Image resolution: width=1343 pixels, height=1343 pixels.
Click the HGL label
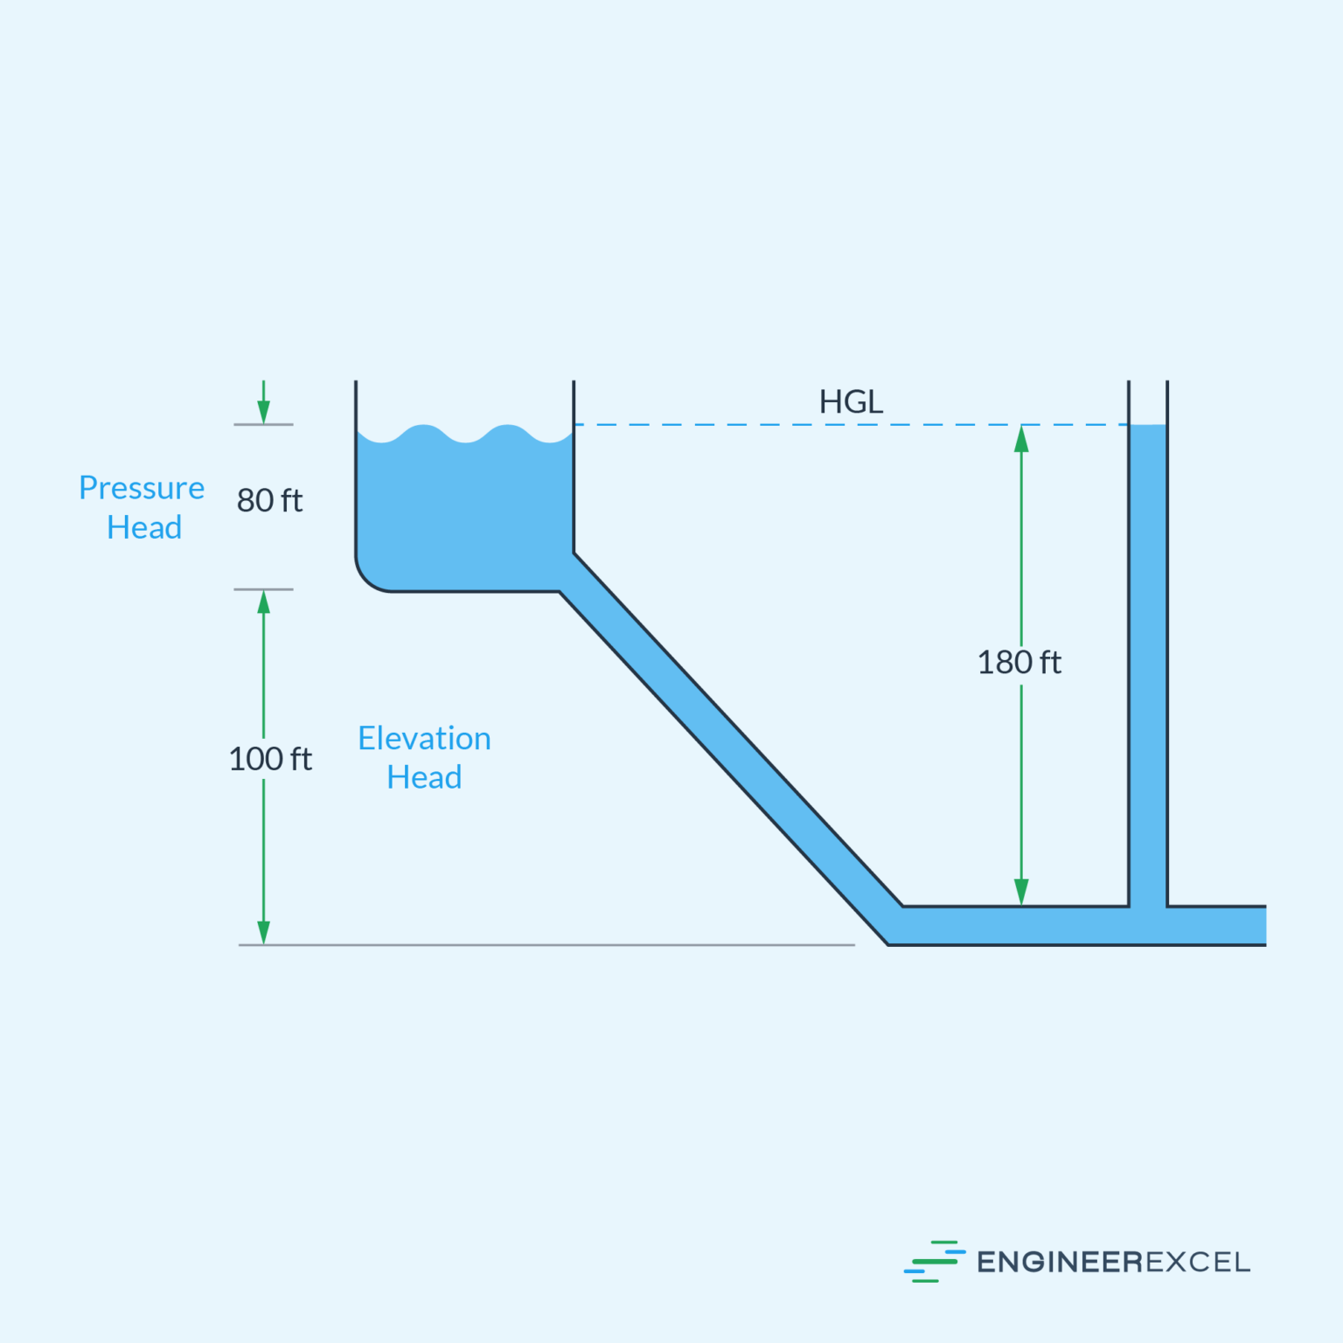(x=851, y=402)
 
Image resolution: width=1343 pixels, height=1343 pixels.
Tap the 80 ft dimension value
(x=269, y=501)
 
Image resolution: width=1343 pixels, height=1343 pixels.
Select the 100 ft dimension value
(x=270, y=759)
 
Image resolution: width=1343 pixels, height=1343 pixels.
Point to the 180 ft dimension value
(x=1019, y=663)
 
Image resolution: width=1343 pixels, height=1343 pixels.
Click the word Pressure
(x=142, y=488)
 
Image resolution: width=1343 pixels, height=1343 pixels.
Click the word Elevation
(x=424, y=739)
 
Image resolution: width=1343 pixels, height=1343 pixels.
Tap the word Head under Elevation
(x=424, y=777)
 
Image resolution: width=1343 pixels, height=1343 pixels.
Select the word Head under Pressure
(x=144, y=528)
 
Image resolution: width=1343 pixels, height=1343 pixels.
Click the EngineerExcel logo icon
(x=934, y=1262)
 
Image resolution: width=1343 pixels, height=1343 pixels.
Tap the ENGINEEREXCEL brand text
(x=1113, y=1263)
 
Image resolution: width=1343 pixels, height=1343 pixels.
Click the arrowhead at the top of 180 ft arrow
(x=1021, y=439)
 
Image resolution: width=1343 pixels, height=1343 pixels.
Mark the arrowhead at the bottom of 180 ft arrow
(x=1021, y=892)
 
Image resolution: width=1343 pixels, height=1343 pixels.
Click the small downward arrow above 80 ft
(x=263, y=409)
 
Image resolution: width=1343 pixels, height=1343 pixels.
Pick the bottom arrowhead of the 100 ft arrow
(x=263, y=932)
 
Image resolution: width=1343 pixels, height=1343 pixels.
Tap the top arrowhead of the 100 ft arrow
(x=263, y=602)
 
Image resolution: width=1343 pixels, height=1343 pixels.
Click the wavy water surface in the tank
(x=464, y=435)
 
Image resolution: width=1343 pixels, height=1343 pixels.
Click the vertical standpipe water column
(x=1148, y=665)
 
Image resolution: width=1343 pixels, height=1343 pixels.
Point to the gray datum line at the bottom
(x=546, y=945)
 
